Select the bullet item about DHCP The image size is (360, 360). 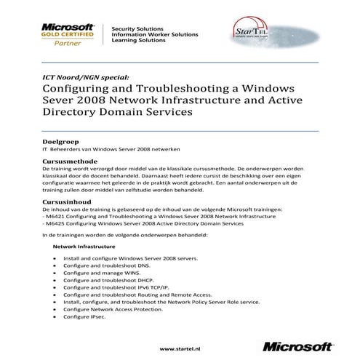click(109, 280)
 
